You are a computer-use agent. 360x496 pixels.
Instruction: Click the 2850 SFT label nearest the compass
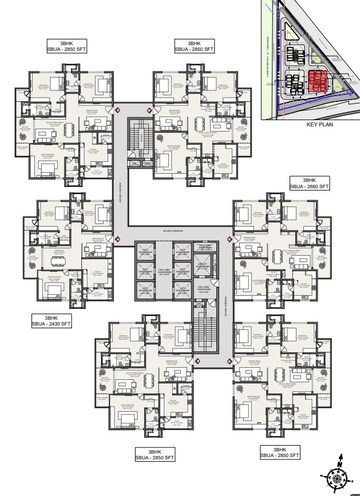click(283, 456)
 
